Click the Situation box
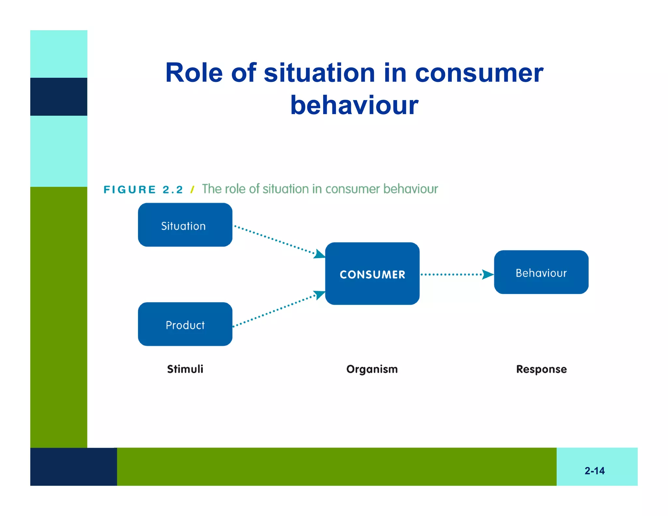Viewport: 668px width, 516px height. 185,225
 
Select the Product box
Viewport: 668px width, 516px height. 185,324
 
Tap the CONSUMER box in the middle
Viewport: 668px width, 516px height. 372,274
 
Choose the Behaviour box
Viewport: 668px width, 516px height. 541,272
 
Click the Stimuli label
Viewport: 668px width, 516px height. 185,369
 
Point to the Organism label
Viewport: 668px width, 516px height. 372,369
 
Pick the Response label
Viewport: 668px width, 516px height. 541,369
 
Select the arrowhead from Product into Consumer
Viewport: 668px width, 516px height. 319,294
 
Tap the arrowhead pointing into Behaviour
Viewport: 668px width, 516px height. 488,274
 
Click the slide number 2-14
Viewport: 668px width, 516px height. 594,471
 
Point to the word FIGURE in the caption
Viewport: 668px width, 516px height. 129,190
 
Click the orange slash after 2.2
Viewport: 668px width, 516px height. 192,190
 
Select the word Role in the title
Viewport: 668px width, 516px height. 194,73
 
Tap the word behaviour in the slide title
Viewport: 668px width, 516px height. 354,105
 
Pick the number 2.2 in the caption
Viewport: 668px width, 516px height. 173,190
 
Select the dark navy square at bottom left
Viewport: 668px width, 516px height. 73,466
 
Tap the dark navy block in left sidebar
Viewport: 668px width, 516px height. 59,97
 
